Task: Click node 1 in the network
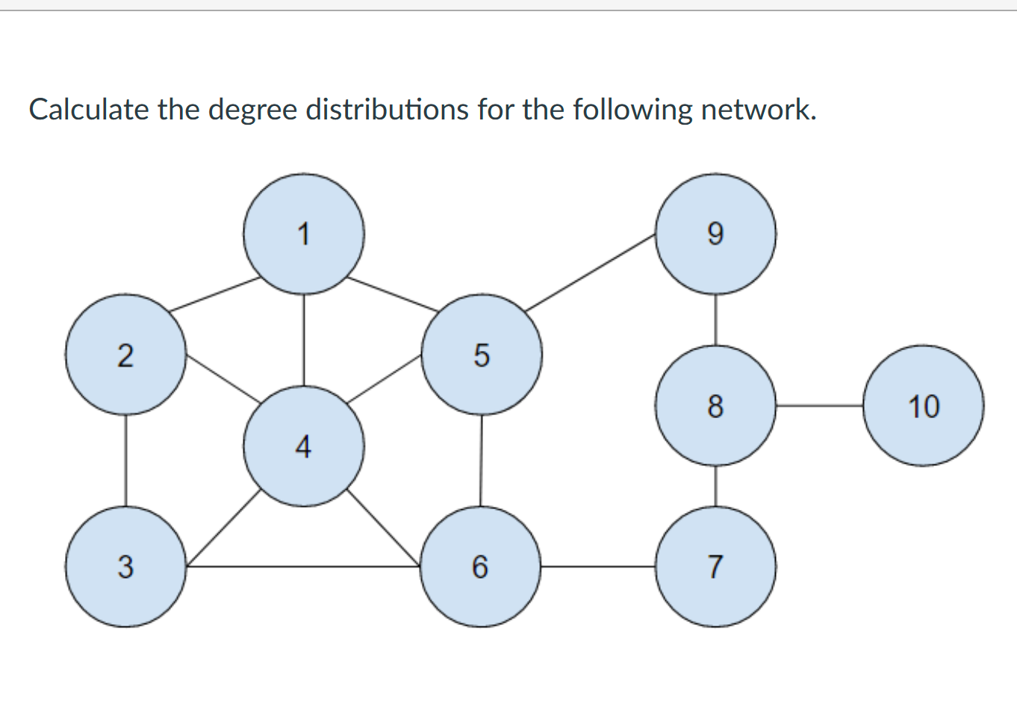point(303,234)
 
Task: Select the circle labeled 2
point(125,355)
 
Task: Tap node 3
point(125,566)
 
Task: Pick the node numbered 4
point(303,446)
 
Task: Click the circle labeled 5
point(482,355)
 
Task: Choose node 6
point(480,566)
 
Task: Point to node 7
point(715,566)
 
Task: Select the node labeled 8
point(715,405)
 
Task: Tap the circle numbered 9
point(715,234)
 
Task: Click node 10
point(923,405)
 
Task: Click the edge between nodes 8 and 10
point(819,405)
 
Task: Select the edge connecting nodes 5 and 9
point(590,273)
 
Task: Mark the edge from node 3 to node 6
point(303,567)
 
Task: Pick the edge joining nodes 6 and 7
point(598,567)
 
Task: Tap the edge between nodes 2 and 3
point(125,461)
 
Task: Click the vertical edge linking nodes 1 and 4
point(303,340)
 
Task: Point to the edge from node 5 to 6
point(481,461)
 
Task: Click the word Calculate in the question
point(89,110)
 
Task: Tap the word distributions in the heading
point(387,110)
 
